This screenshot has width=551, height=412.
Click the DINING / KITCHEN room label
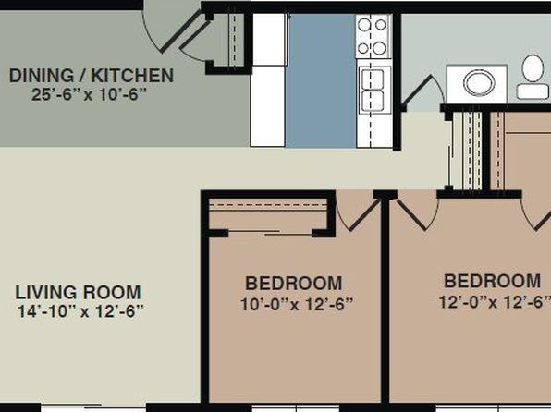[92, 76]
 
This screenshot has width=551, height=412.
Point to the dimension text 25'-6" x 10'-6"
[89, 94]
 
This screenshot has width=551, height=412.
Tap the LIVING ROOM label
[78, 292]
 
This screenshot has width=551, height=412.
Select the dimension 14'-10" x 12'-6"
[80, 310]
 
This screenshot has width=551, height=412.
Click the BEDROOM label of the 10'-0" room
[293, 283]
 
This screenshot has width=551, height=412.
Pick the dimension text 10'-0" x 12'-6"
[297, 304]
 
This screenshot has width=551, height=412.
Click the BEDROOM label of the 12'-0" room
[493, 281]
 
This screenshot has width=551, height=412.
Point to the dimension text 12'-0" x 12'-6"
[495, 302]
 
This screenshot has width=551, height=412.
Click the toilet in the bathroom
[533, 77]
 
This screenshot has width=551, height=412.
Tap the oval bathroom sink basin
[479, 83]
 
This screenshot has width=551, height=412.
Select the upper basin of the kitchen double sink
[373, 79]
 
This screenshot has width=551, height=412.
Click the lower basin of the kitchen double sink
[373, 101]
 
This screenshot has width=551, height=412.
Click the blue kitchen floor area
[321, 80]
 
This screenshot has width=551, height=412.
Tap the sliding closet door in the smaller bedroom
[270, 232]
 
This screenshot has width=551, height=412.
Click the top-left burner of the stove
[364, 25]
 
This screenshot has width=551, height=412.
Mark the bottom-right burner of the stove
[380, 48]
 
